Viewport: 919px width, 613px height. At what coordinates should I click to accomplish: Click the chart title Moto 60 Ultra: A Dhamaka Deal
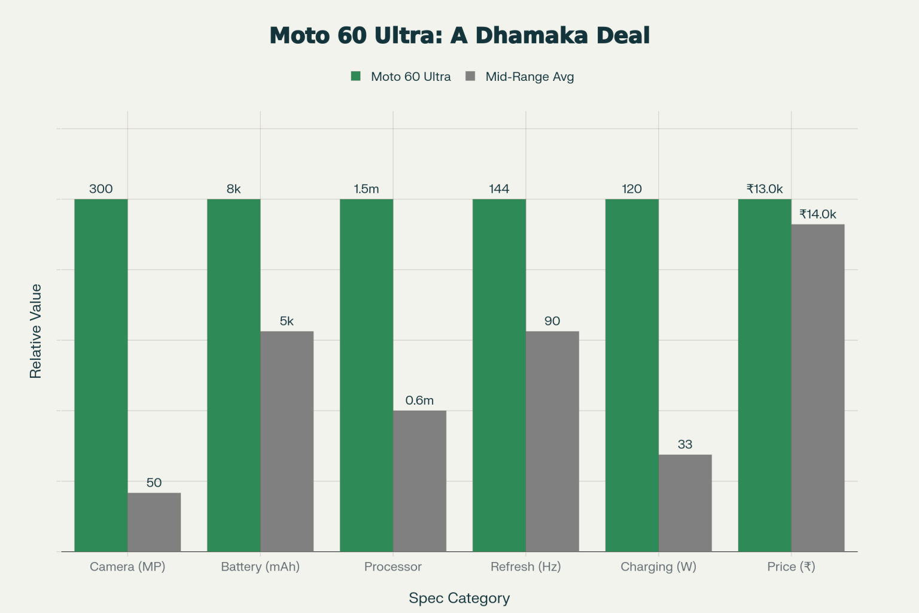click(x=459, y=35)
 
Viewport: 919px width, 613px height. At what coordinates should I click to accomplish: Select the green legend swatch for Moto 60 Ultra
click(x=356, y=76)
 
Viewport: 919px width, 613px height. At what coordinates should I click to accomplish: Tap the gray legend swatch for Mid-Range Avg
click(x=470, y=76)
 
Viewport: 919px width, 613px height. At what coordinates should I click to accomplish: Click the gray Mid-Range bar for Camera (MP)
click(x=154, y=522)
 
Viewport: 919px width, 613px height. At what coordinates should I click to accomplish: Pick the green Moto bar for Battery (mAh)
click(x=233, y=375)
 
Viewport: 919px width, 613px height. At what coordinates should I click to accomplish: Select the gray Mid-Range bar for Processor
click(x=419, y=481)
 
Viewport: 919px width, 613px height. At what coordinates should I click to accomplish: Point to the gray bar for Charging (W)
click(x=685, y=503)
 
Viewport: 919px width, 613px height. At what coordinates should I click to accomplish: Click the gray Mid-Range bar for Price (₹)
click(x=818, y=388)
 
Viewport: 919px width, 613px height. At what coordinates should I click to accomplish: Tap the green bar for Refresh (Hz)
click(x=499, y=375)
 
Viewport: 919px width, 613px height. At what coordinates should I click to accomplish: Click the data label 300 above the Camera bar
click(x=101, y=189)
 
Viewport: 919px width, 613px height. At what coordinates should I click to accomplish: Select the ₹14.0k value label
click(x=818, y=214)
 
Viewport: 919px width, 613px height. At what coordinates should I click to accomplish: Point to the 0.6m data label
click(x=419, y=400)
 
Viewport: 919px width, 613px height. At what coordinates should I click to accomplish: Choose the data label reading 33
click(x=685, y=444)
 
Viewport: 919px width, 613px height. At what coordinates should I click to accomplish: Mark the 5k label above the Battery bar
click(x=287, y=321)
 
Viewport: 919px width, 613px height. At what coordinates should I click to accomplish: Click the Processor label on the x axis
click(x=393, y=567)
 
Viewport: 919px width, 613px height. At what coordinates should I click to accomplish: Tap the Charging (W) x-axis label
click(x=658, y=567)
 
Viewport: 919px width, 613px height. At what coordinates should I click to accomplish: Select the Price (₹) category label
click(x=791, y=567)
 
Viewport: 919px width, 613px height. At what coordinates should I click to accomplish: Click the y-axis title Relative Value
click(x=36, y=331)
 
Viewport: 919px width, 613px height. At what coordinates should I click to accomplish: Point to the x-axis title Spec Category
click(x=459, y=598)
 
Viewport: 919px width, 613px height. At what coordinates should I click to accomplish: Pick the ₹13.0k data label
click(x=765, y=189)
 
